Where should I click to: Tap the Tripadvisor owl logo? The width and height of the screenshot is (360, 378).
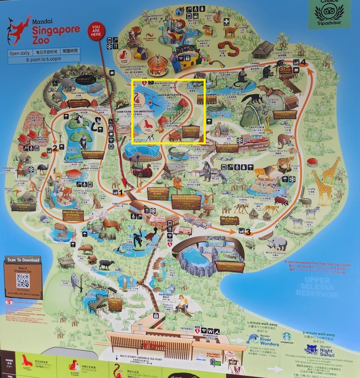(329, 13)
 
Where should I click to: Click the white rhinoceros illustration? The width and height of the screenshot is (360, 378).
(278, 243)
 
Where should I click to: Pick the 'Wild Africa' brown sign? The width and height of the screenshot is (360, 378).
(230, 220)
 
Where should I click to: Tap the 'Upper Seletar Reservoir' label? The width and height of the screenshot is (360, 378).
(317, 287)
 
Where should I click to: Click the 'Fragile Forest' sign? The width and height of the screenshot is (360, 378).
(285, 114)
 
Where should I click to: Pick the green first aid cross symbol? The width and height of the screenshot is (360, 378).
(226, 21)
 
